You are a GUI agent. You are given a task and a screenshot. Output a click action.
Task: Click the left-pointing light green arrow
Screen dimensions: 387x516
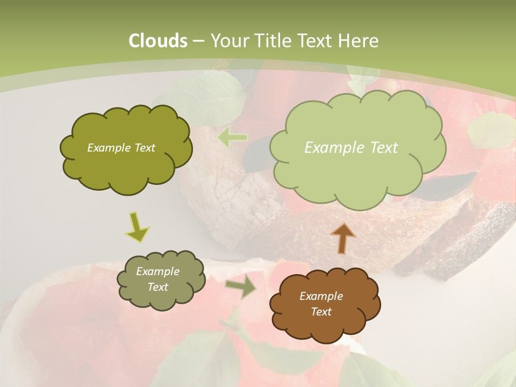pos(233,138)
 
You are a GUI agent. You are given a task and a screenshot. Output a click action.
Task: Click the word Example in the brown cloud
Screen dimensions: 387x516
pos(321,296)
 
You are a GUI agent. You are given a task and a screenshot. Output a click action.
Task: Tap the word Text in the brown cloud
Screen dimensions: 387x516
pos(321,312)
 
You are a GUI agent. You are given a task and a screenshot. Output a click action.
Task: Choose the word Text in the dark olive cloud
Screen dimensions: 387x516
pos(144,148)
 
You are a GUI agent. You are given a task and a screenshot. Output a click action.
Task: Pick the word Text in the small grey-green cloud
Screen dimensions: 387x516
pos(157,287)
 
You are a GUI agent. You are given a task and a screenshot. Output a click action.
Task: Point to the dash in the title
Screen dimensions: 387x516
pos(197,41)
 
